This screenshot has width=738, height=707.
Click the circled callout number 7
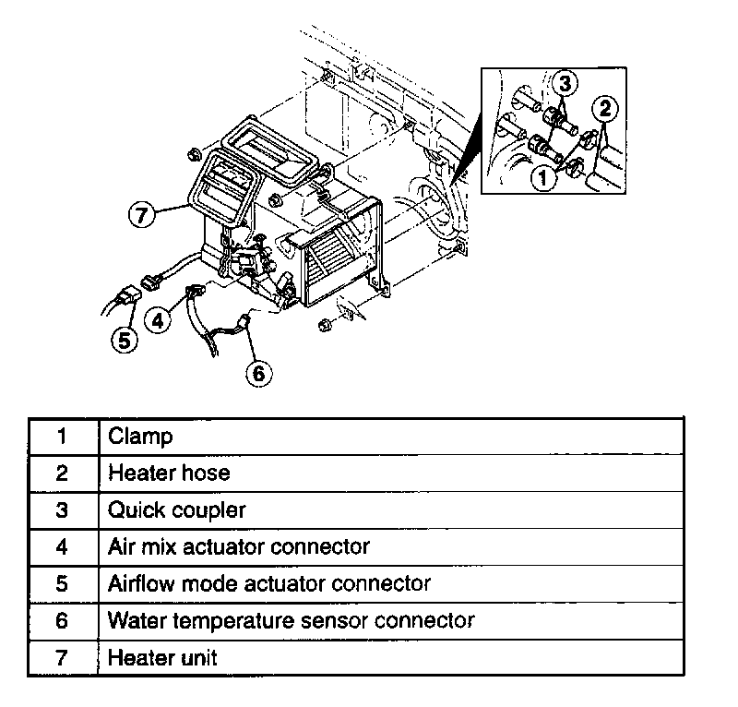[x=139, y=215]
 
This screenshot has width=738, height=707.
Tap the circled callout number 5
[x=125, y=339]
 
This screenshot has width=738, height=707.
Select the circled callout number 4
[x=159, y=320]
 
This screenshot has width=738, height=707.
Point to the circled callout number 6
[x=259, y=372]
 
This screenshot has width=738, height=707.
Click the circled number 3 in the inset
[x=566, y=83]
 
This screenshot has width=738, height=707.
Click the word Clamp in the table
[x=140, y=436]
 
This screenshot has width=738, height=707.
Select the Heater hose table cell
[x=169, y=473]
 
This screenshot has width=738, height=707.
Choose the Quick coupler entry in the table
[x=177, y=509]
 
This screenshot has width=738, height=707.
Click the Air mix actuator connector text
[x=239, y=546]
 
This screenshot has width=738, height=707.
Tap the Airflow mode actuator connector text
[x=269, y=583]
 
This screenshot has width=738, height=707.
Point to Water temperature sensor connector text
[x=291, y=620]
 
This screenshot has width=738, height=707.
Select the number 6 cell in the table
[x=62, y=620]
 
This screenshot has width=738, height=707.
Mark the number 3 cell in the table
[x=62, y=509]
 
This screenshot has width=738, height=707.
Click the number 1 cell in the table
[x=62, y=436]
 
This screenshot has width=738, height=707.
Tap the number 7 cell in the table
[x=62, y=657]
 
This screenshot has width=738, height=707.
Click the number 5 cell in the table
[x=62, y=583]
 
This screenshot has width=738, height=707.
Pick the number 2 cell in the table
[x=62, y=473]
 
